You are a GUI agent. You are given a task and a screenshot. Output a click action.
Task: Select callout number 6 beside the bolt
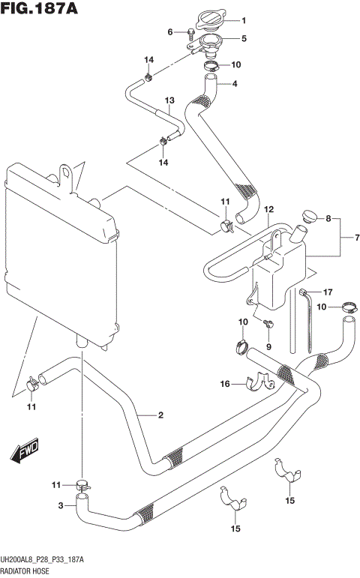tap(170, 31)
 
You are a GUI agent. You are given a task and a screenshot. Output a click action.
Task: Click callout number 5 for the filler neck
tap(244, 39)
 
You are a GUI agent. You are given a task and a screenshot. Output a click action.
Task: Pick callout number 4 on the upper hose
tap(234, 83)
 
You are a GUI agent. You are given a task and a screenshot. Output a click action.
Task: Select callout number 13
tap(169, 100)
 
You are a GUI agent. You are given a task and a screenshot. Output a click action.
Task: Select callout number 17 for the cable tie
tap(327, 292)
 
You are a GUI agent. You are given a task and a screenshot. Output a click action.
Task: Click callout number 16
tap(224, 384)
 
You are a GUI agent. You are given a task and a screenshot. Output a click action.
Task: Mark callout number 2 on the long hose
tap(159, 414)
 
